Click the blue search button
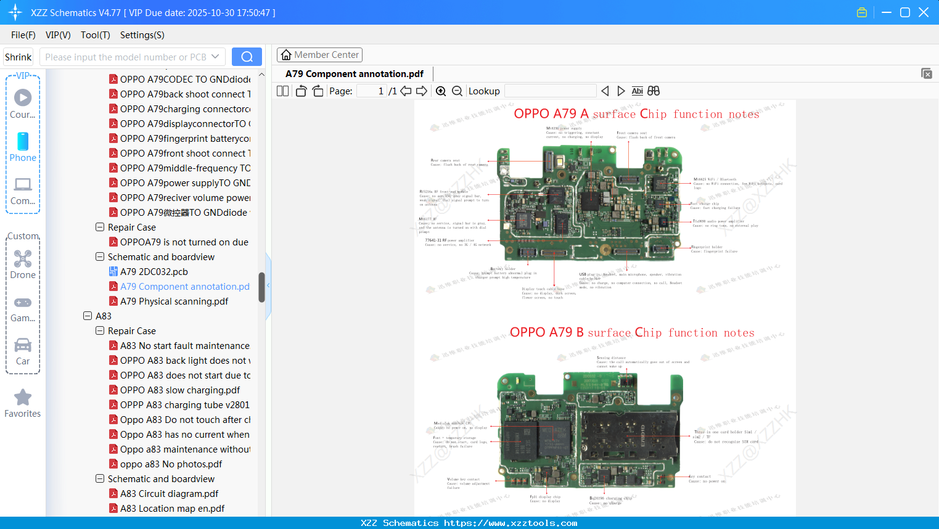247,57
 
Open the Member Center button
319,55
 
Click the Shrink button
18,57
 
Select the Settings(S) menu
142,35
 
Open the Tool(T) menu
95,35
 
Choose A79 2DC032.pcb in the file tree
154,272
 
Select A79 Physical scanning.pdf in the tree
174,301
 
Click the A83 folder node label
104,316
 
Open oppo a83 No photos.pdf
171,464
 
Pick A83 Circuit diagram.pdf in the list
169,494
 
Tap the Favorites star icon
23,398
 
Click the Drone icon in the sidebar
23,259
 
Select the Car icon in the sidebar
23,345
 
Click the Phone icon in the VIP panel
23,142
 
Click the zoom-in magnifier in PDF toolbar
441,91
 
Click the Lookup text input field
550,91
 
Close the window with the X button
924,12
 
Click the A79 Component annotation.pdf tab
355,74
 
